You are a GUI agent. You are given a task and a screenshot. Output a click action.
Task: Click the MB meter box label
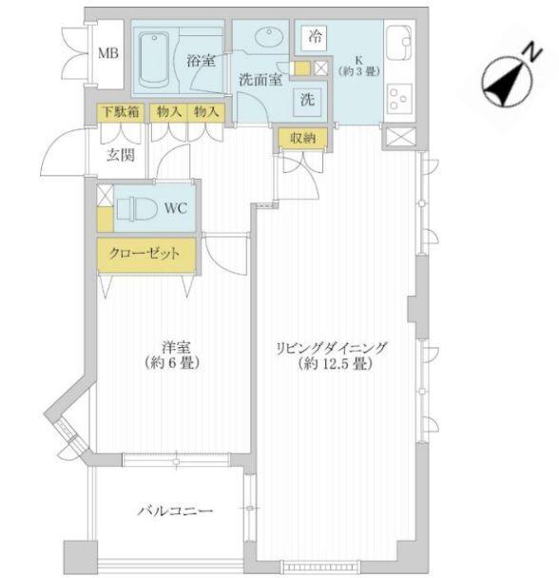[107, 51]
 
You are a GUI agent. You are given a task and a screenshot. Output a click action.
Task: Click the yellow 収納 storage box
[302, 139]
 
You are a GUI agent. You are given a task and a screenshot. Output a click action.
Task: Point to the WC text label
[176, 207]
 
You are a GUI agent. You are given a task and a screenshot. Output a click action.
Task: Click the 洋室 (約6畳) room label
[172, 355]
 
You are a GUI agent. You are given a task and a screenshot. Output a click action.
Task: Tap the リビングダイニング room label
[332, 355]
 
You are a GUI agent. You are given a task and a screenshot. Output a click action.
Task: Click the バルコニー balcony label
[174, 511]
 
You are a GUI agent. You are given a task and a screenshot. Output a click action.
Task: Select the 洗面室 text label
[260, 81]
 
